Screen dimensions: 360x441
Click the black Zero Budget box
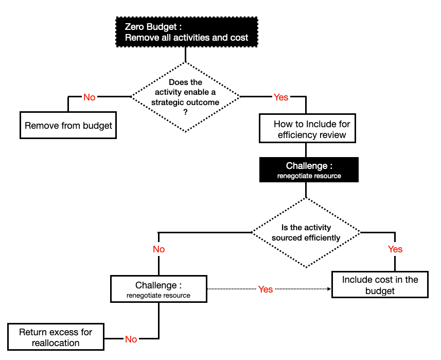pos(186,32)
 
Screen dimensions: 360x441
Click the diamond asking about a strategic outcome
pos(185,96)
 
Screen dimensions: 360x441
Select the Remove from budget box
pos(68,125)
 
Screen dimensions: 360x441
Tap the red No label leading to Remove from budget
pos(89,97)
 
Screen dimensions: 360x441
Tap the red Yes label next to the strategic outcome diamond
pos(281,97)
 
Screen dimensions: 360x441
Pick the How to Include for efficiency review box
pos(308,129)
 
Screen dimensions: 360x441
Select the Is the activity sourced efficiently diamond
pos(306,232)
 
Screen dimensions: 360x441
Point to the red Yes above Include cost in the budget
pos(395,249)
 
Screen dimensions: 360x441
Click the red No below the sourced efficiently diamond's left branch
pos(158,249)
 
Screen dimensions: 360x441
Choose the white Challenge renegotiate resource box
pos(158,289)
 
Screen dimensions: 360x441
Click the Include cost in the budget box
pos(380,285)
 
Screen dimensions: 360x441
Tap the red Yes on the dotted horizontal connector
pos(265,289)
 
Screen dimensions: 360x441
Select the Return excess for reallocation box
pos(56,337)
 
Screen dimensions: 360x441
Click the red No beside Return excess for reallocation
pos(131,339)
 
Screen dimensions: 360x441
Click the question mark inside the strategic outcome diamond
pos(185,111)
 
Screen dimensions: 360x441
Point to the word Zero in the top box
pos(134,27)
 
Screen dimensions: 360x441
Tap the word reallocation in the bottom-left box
pos(56,343)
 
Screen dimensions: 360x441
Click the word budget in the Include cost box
pos(380,291)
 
